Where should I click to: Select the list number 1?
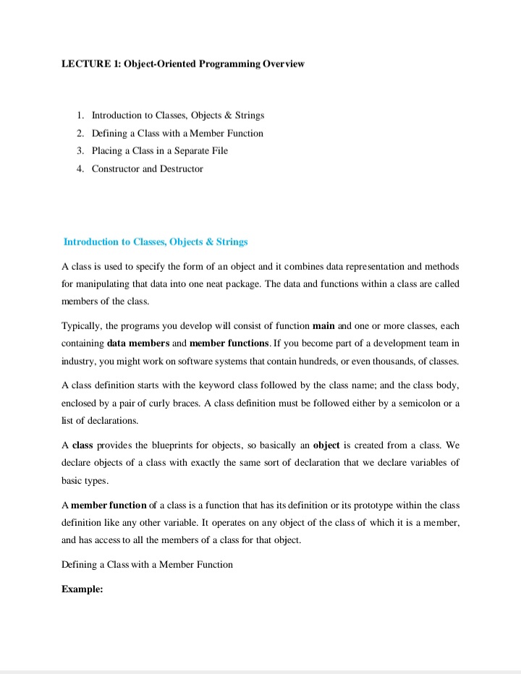pyautogui.click(x=80, y=115)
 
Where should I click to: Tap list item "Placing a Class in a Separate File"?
pyautogui.click(x=159, y=150)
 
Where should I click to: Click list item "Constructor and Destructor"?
pyautogui.click(x=147, y=168)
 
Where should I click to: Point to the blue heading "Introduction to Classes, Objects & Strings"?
pyautogui.click(x=156, y=242)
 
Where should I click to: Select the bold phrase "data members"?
pyautogui.click(x=136, y=343)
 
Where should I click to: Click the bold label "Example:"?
pyautogui.click(x=82, y=589)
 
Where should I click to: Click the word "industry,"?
pyautogui.click(x=81, y=360)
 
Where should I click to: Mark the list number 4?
pyautogui.click(x=80, y=168)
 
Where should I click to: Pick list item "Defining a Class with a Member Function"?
pyautogui.click(x=177, y=133)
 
